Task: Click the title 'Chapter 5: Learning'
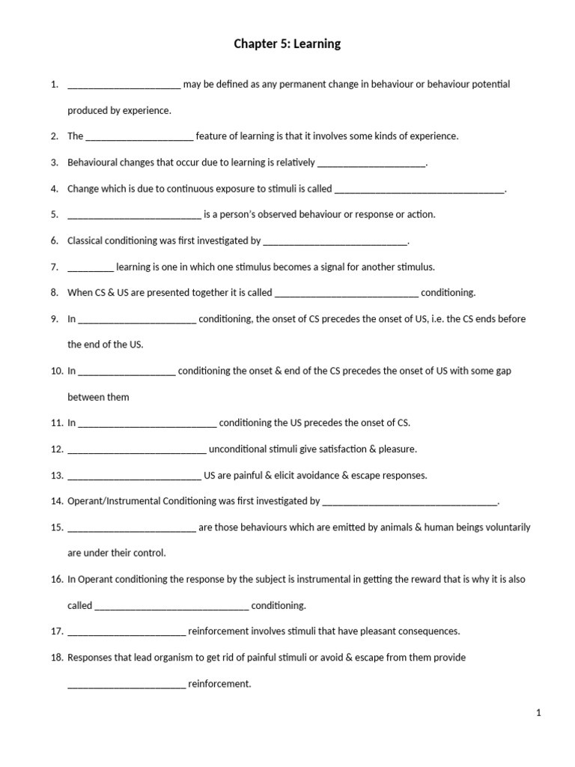click(x=287, y=44)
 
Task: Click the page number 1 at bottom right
click(x=538, y=713)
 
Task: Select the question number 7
click(x=55, y=267)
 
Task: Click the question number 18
click(x=57, y=658)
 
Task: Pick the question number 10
click(x=57, y=371)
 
